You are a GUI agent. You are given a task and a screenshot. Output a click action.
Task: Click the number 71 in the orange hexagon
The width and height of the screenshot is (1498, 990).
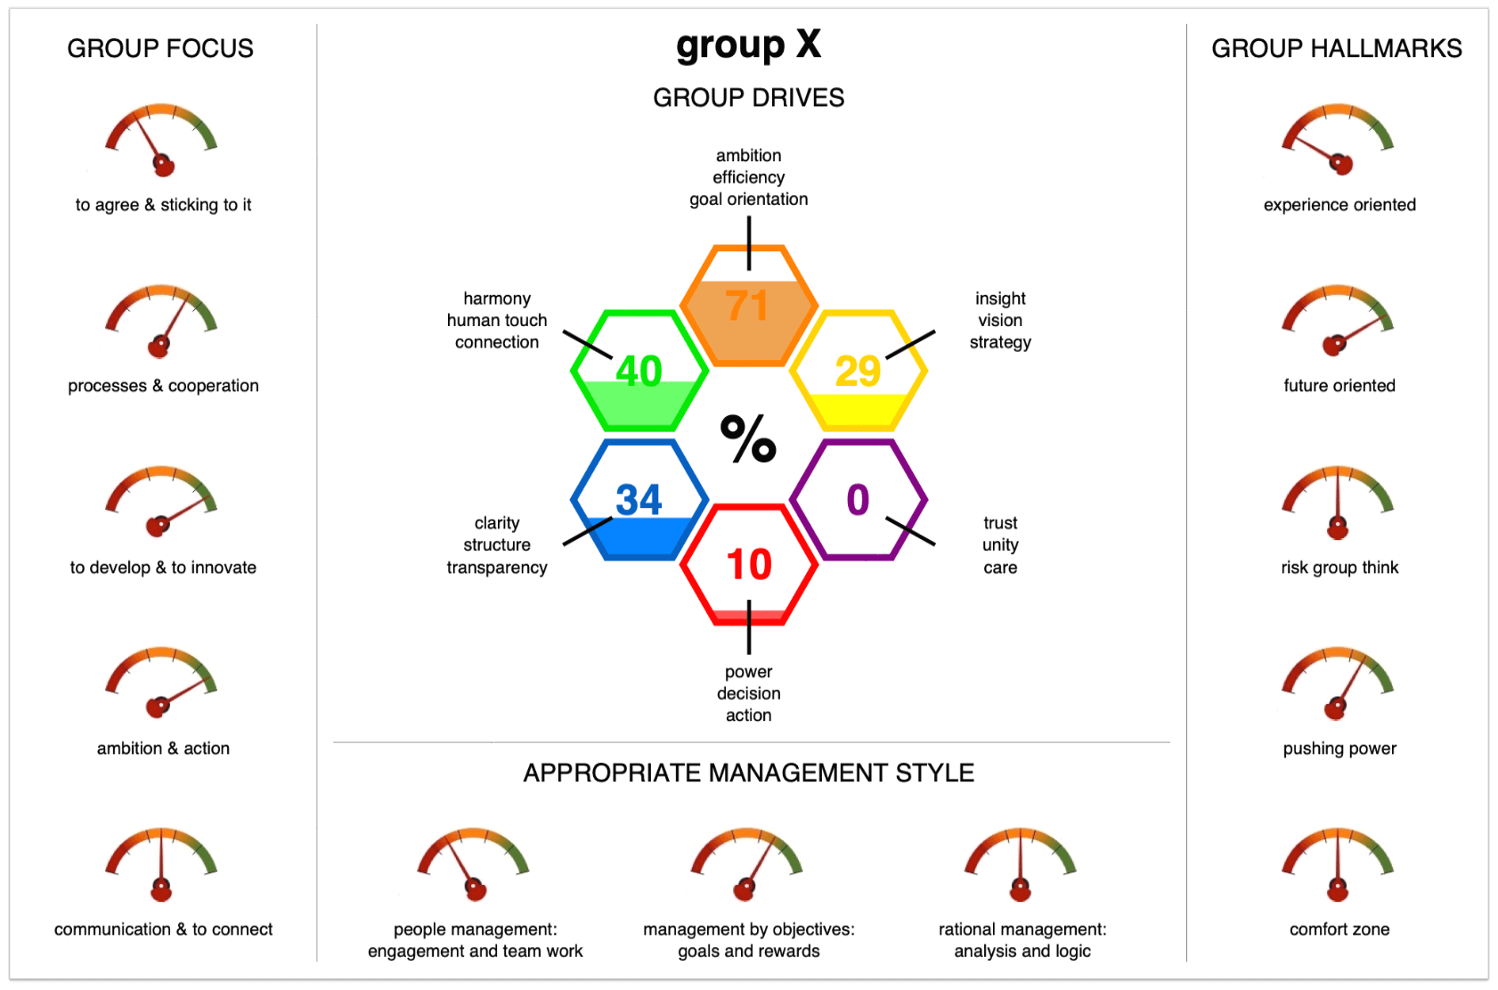[747, 306]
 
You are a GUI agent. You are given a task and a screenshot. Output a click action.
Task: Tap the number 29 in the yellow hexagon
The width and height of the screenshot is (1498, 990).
[858, 372]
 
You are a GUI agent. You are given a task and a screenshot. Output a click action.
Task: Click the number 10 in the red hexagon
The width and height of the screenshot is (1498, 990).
[749, 564]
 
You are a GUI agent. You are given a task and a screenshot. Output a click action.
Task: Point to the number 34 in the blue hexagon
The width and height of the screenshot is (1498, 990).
[639, 500]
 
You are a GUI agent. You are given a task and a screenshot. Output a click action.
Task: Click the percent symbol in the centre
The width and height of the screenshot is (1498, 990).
[748, 438]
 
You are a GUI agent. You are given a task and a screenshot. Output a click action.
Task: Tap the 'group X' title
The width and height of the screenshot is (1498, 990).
[748, 45]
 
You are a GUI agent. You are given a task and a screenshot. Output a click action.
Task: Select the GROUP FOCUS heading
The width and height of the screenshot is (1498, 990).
[159, 49]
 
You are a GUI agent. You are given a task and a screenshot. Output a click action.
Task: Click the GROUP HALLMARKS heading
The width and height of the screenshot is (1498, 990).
[1337, 49]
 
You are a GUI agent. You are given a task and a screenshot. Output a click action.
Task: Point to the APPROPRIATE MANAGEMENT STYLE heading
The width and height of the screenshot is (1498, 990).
[748, 773]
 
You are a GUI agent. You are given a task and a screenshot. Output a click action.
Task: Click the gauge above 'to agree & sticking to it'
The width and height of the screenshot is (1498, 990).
[161, 140]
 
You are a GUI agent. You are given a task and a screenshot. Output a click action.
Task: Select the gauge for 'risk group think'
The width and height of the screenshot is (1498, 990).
[1338, 503]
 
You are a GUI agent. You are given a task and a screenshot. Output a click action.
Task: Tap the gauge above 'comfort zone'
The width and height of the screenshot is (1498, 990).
[1338, 864]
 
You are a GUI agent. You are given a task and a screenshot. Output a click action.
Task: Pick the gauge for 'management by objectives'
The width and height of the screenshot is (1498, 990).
[746, 864]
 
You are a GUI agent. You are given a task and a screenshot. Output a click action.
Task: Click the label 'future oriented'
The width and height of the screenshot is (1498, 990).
[1339, 386]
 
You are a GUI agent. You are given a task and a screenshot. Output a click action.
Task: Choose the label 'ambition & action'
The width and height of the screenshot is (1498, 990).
[163, 749]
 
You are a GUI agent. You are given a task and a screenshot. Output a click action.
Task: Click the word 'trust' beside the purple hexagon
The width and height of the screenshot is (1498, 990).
[1000, 523]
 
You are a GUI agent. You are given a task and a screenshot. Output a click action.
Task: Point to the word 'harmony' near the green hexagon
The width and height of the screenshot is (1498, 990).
[497, 299]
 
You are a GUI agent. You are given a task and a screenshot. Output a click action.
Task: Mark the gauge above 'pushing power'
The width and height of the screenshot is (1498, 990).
[1338, 683]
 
